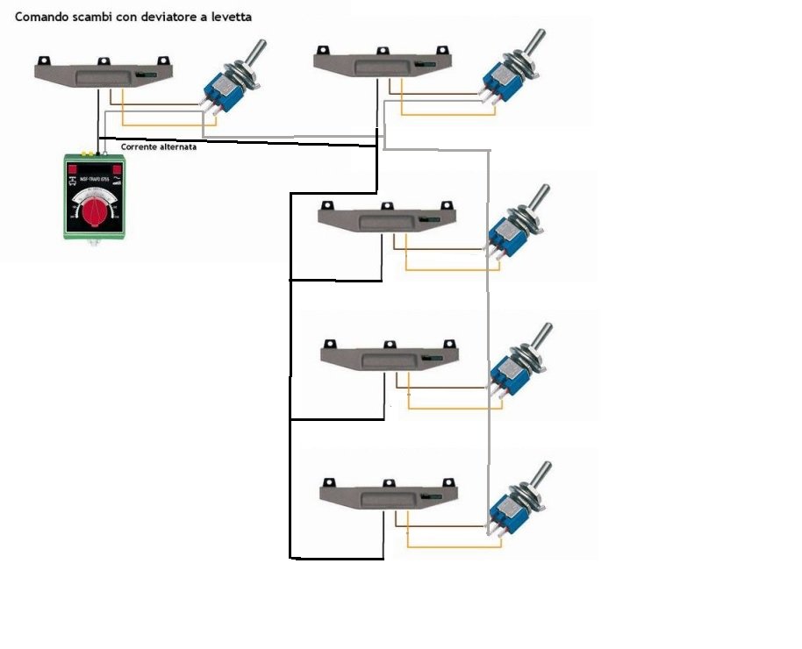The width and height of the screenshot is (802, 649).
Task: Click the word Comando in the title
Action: click(x=41, y=17)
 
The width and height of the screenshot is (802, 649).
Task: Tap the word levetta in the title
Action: click(x=239, y=17)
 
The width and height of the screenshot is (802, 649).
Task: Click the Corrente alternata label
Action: click(x=159, y=147)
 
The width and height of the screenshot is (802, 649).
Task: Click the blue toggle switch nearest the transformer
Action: click(x=221, y=89)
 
